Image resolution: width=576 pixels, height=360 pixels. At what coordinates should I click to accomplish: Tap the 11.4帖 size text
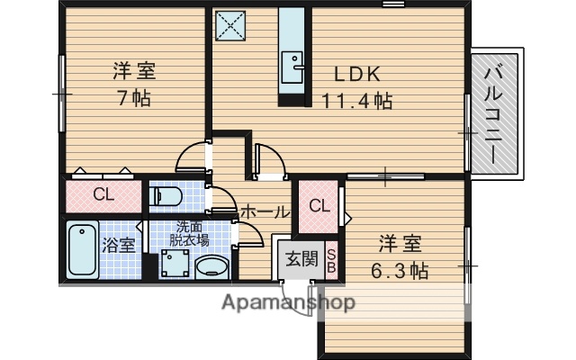(357, 102)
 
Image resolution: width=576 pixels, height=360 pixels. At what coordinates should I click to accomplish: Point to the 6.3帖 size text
(400, 270)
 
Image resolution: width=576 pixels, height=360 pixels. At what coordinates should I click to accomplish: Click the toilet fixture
(168, 195)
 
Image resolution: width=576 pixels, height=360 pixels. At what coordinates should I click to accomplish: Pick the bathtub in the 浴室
(83, 252)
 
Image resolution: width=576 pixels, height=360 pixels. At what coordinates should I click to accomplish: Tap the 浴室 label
(121, 243)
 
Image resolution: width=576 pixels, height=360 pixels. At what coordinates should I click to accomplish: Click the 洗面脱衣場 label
(192, 233)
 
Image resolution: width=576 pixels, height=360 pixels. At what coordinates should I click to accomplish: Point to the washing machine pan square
(175, 265)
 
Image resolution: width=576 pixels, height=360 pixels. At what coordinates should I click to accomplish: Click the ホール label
(265, 212)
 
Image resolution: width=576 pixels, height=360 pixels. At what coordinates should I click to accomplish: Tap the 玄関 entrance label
(301, 259)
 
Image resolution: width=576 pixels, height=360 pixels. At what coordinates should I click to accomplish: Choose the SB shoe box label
(330, 260)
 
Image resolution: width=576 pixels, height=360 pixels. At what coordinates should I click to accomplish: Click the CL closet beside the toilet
(103, 194)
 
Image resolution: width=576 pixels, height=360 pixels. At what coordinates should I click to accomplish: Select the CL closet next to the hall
(319, 205)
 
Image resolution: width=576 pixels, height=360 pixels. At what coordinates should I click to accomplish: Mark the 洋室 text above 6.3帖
(400, 243)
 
